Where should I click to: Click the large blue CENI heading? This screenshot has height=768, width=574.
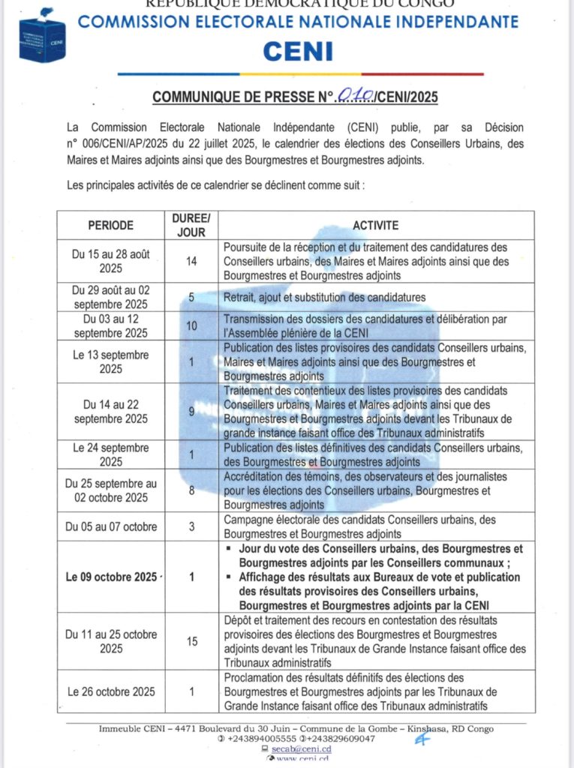coord(298,51)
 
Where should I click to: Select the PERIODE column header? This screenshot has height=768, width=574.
coord(110,225)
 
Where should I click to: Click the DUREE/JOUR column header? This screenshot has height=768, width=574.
coord(191,225)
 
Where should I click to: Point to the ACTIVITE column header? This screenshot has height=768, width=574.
coord(377,225)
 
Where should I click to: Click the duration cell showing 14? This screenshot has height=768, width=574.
coord(191,261)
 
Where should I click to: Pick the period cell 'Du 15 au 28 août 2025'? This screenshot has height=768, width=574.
coord(110,261)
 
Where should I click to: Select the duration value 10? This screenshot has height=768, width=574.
coord(191,326)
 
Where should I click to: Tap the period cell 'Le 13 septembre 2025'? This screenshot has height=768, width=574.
coord(110,361)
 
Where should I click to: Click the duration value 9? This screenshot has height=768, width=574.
coord(191,411)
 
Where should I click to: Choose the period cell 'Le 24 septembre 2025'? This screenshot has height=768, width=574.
coord(110,454)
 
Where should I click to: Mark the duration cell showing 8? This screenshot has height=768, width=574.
coord(191,490)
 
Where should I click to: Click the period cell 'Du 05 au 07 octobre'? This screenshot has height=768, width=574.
coord(110,526)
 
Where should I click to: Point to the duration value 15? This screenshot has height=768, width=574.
coord(191,641)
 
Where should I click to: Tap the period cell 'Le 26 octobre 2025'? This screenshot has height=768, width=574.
coord(110,691)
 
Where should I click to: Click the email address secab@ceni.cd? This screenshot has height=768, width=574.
coord(300,748)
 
